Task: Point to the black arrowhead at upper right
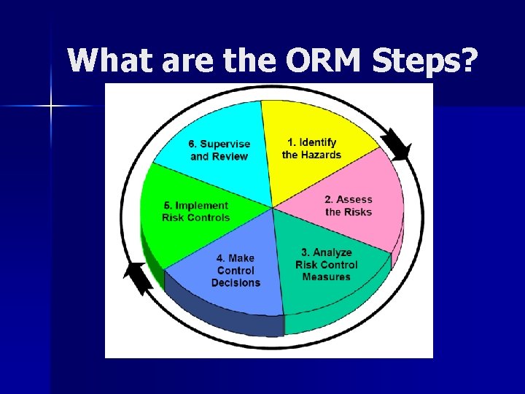point(397,144)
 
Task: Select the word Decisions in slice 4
point(236,283)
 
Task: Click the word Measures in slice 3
point(326,277)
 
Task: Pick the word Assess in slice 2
point(354,199)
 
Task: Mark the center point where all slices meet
point(272,208)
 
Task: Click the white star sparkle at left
point(51,107)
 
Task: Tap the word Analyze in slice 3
point(332,252)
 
